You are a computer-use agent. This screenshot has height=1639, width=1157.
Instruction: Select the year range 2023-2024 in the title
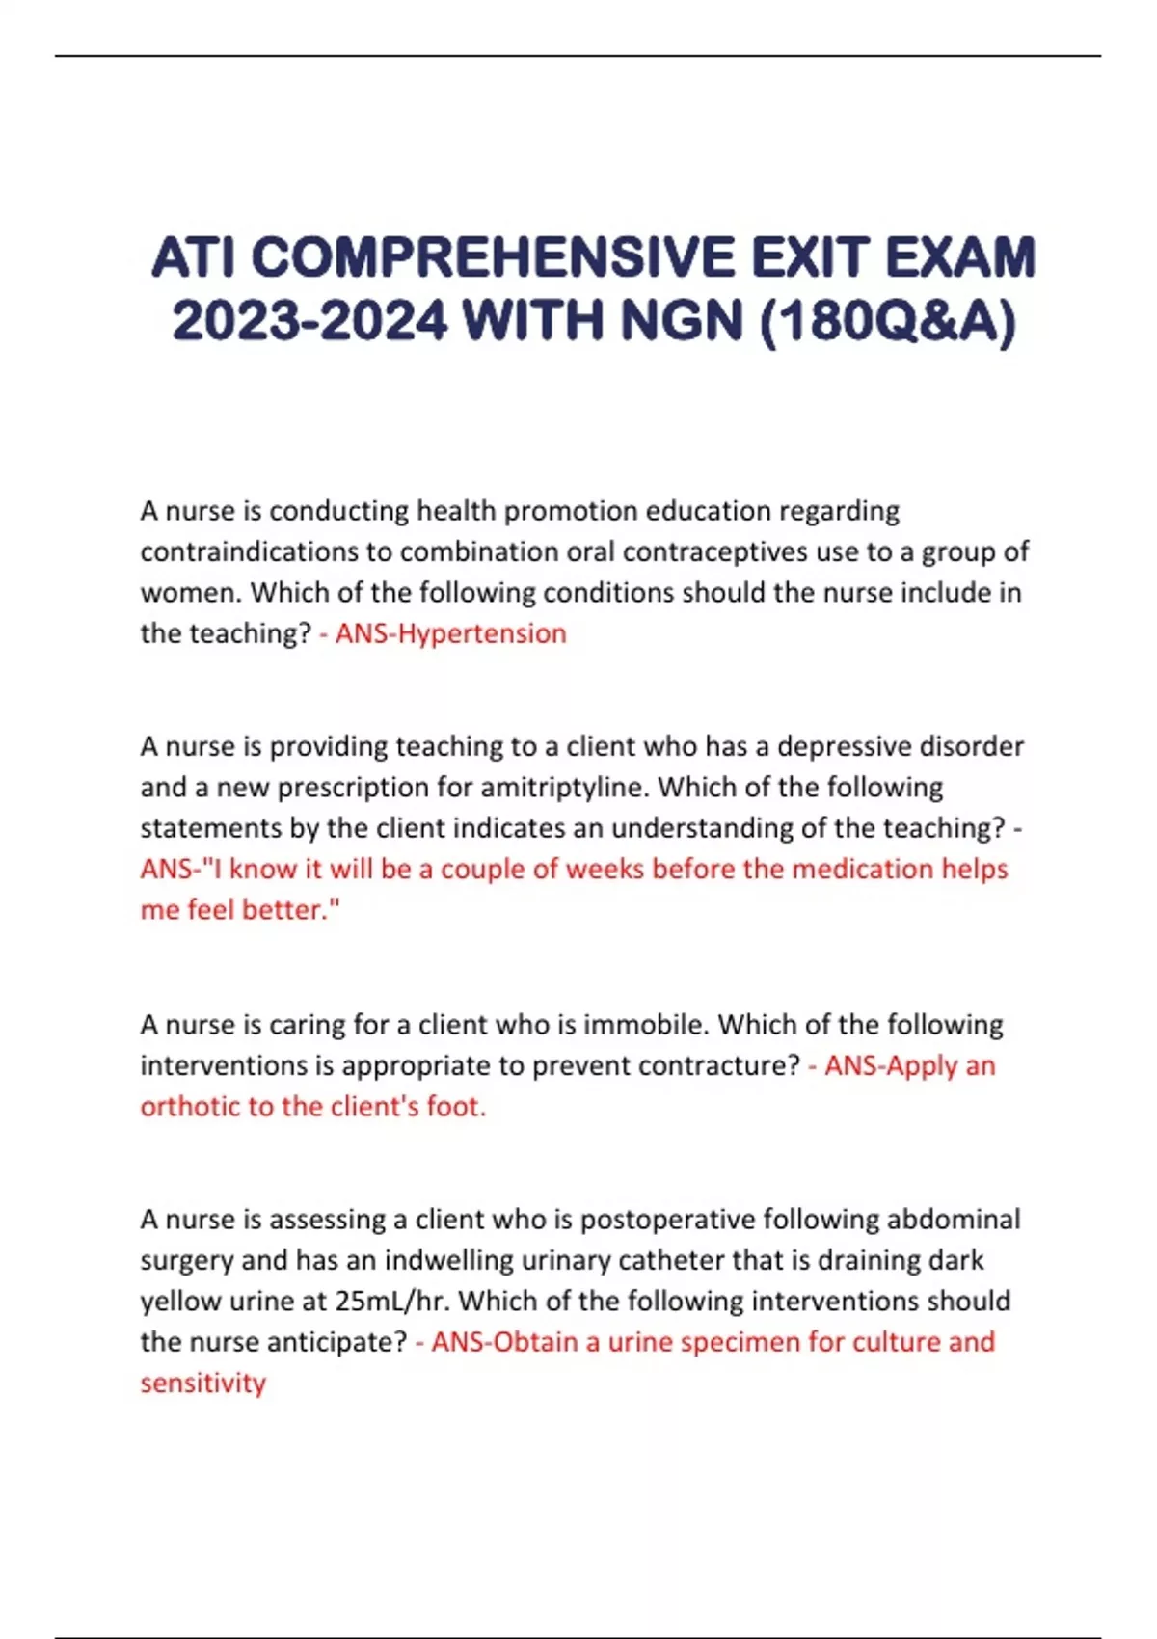tap(309, 321)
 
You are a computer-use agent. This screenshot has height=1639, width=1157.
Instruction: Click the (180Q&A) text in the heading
tap(887, 321)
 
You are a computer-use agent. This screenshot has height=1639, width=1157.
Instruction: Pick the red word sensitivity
tap(203, 1383)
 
